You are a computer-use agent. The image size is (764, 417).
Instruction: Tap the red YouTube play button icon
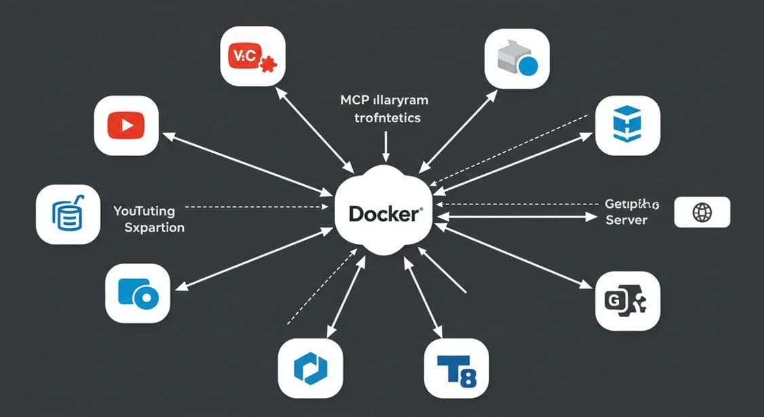[126, 126]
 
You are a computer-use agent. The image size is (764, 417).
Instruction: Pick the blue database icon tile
[68, 215]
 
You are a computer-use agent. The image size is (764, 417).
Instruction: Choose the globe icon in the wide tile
[702, 213]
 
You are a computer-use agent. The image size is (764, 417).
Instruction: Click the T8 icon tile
[455, 368]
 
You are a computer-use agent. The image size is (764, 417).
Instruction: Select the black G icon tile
[627, 300]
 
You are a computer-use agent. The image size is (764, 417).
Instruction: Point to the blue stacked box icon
[626, 126]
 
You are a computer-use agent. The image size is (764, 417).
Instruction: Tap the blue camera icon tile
[138, 293]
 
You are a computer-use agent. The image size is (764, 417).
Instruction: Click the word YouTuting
[145, 211]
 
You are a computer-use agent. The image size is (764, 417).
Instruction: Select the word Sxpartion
[154, 227]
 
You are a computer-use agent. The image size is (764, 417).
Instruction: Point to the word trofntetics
[387, 117]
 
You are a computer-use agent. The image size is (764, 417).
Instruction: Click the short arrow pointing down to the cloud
[385, 144]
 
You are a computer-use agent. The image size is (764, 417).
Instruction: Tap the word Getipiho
[631, 204]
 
